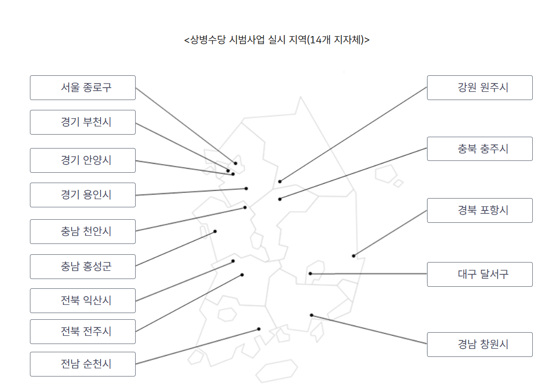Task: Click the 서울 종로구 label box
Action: point(83,88)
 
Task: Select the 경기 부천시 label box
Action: point(83,122)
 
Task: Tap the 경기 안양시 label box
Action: point(83,160)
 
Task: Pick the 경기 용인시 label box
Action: point(83,195)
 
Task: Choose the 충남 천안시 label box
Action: point(83,232)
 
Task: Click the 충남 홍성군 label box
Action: point(83,267)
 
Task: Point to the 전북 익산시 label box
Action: point(83,301)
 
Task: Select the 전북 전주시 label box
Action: point(83,332)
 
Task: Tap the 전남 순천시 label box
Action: point(83,364)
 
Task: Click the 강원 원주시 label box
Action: point(480,88)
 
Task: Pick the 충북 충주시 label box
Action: point(480,149)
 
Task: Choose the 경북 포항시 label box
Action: point(480,210)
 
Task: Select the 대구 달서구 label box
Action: point(480,274)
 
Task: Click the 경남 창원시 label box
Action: point(480,345)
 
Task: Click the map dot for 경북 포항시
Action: point(354,256)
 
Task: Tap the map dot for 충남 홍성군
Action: point(215,232)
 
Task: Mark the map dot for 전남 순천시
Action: point(259,329)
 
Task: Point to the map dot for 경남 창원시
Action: point(312,315)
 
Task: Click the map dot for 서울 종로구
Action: point(236,164)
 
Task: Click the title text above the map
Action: point(277,40)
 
